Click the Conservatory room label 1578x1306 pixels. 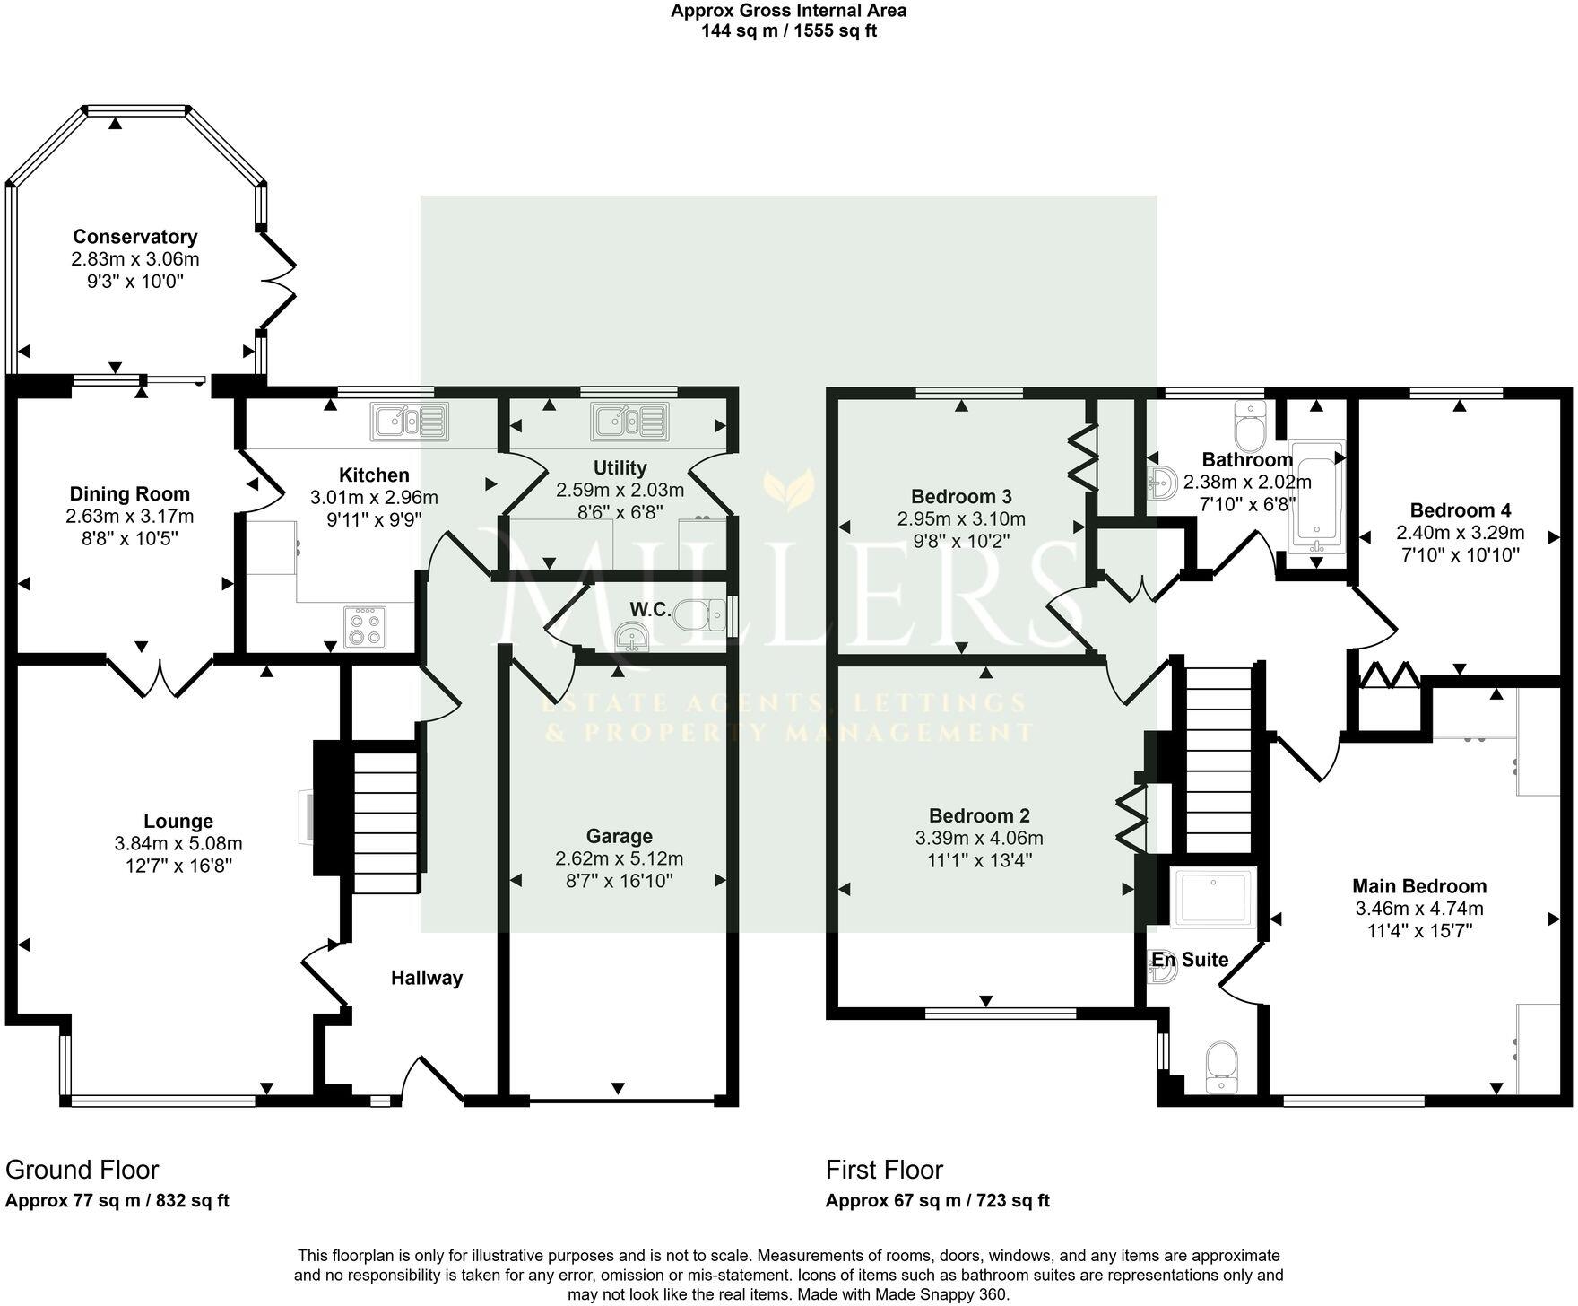135,237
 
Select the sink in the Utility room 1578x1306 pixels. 629,421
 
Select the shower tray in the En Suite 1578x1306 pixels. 1213,897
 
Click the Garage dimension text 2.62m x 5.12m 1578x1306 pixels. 619,858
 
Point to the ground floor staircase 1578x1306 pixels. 386,823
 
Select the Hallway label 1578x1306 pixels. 427,978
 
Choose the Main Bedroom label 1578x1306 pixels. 1419,886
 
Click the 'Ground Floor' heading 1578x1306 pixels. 82,1170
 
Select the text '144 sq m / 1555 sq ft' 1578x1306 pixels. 788,31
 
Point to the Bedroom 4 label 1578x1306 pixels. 1460,510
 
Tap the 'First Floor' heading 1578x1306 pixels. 884,1170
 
